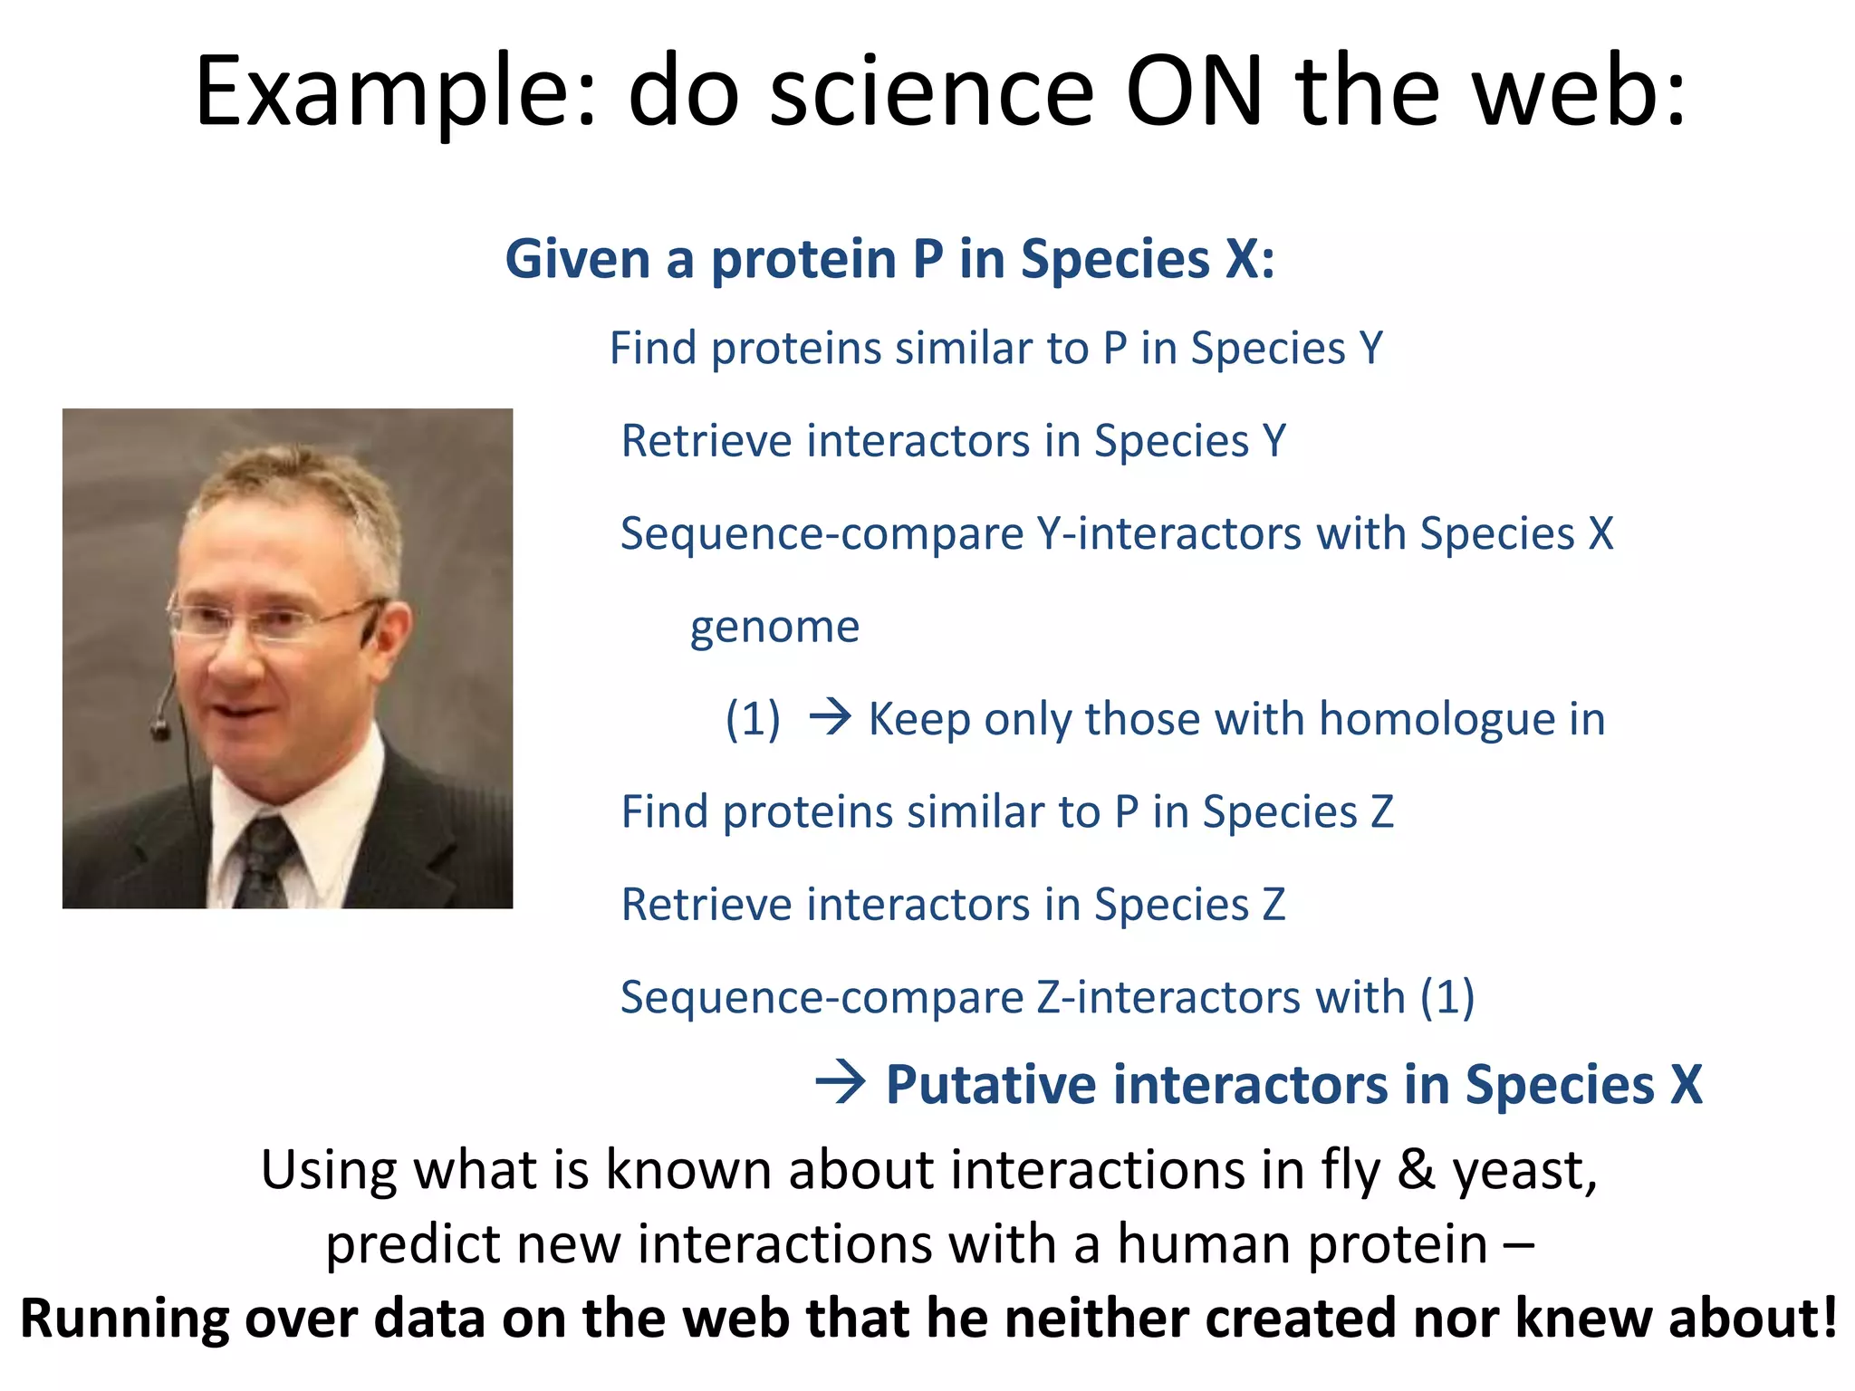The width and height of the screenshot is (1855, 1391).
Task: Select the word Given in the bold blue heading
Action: click(577, 260)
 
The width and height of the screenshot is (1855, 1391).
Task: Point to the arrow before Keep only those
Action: click(830, 718)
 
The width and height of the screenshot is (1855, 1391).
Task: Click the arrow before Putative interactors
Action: click(840, 1083)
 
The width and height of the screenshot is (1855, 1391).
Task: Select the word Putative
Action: click(990, 1085)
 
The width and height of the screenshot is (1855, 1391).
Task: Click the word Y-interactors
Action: click(1169, 534)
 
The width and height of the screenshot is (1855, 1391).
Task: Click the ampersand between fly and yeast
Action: click(1416, 1170)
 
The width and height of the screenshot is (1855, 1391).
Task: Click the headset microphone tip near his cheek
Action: click(160, 728)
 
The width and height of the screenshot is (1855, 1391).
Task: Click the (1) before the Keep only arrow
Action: click(753, 720)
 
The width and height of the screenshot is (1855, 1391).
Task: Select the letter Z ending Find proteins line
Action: click(1381, 812)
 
